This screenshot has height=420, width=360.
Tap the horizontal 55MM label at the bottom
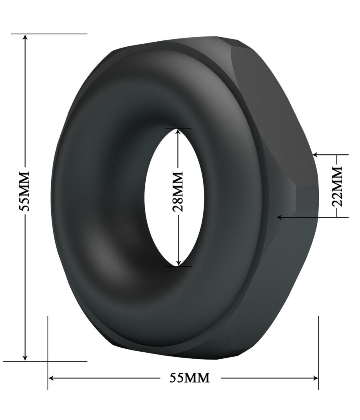click(x=190, y=378)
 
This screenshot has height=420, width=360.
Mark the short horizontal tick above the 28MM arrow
click(x=178, y=128)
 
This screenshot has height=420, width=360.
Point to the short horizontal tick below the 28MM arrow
click(x=178, y=266)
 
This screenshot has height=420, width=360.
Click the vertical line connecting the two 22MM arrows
click(x=337, y=160)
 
